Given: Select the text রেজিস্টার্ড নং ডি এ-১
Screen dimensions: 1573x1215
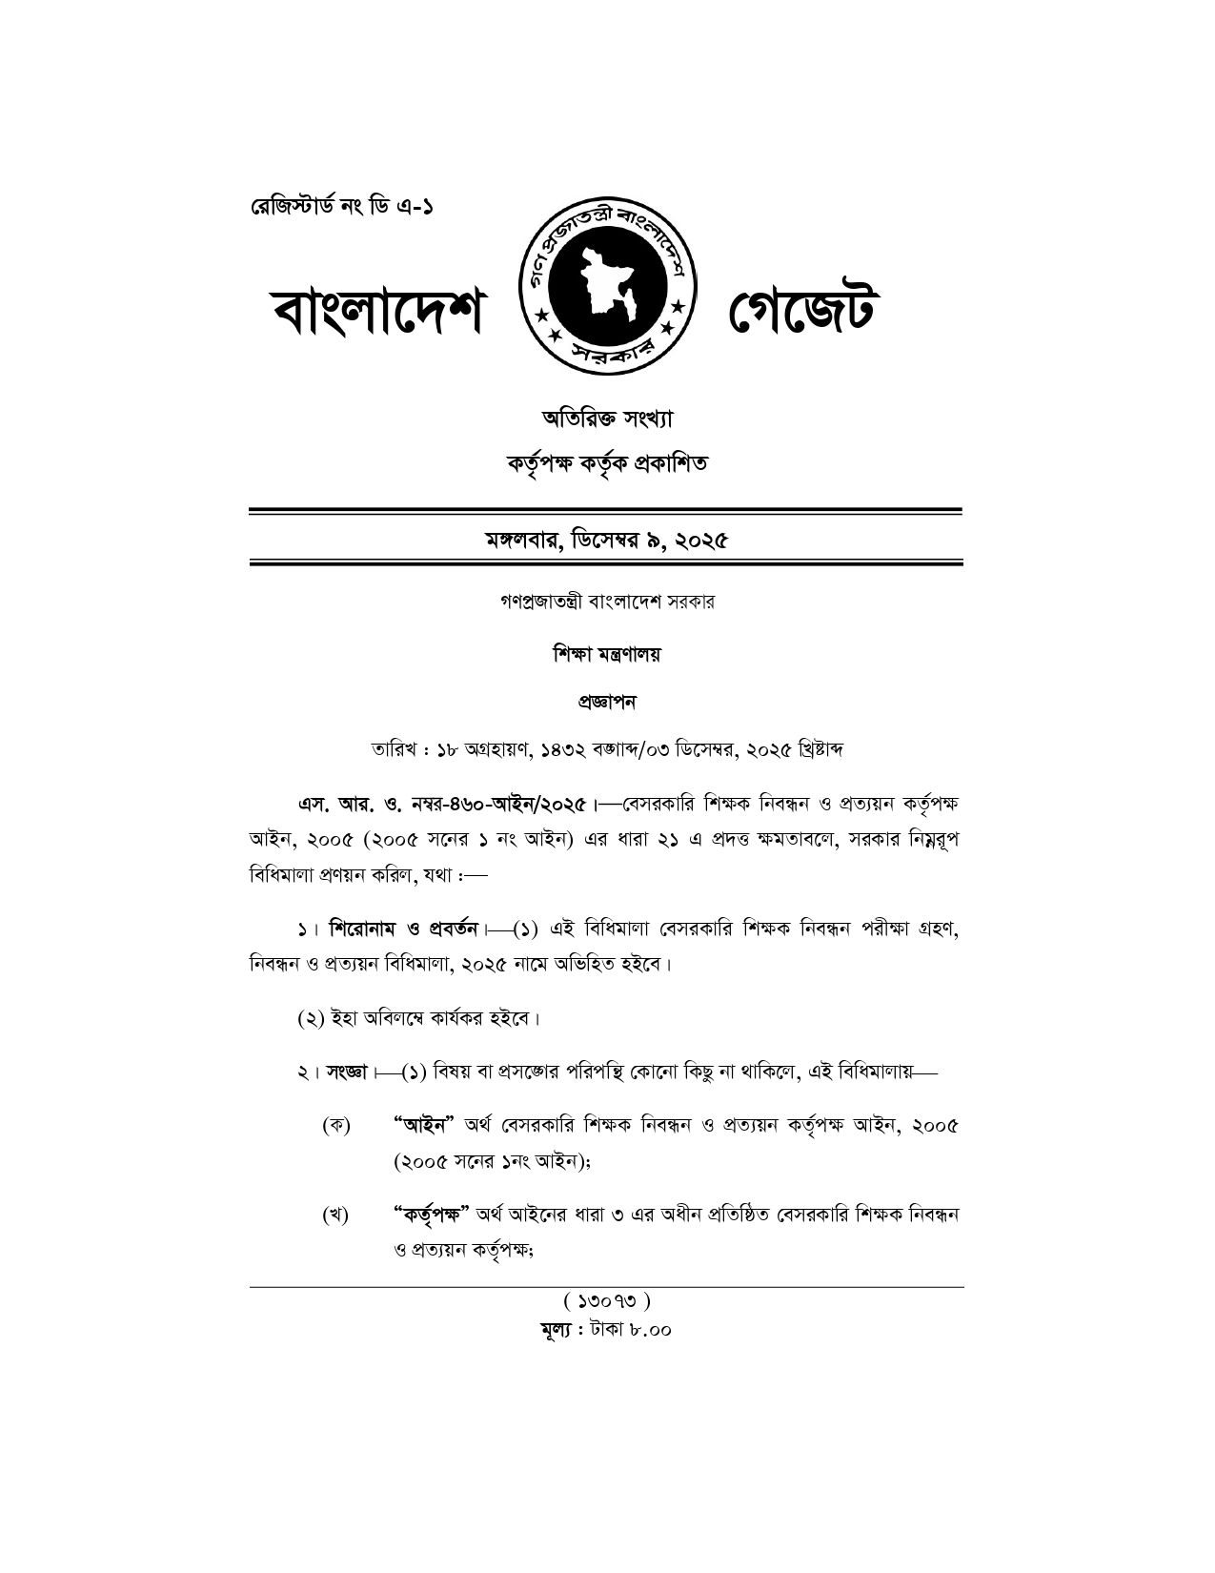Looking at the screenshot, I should point(340,207).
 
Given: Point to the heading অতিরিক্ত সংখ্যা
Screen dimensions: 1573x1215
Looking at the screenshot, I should point(607,418).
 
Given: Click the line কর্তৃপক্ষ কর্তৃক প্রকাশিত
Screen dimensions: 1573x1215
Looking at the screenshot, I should point(607,464).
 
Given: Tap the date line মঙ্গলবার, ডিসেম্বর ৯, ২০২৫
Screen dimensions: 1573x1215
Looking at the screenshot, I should point(606,541).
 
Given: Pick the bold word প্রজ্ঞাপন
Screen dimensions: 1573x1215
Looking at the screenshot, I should point(607,702).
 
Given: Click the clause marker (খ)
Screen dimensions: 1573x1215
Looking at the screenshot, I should point(335,1215).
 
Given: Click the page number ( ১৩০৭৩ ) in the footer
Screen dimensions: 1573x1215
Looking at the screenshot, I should point(607,1300).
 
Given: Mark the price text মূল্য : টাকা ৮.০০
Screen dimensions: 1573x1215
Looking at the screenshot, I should point(607,1329).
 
